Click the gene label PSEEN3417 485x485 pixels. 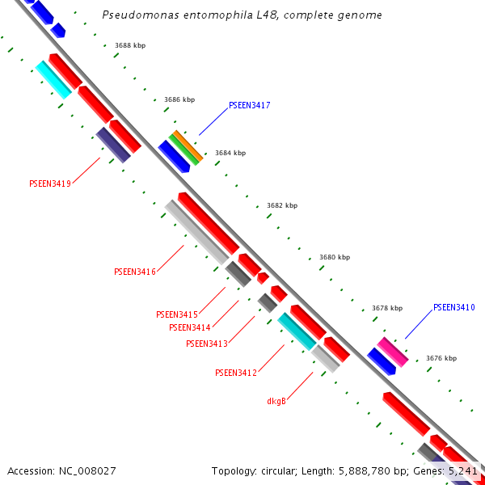[x=249, y=105]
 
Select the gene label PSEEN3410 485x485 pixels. [x=453, y=307]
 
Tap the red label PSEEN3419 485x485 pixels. [x=50, y=183]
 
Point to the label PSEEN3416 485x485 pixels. [x=134, y=272]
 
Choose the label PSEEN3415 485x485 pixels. [x=176, y=314]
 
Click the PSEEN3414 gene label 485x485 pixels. [x=189, y=327]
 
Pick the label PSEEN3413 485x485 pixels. [x=206, y=344]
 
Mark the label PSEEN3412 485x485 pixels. [x=235, y=373]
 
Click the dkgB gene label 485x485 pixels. [x=276, y=401]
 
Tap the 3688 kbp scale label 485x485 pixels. [x=130, y=45]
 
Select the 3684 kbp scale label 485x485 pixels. [x=230, y=153]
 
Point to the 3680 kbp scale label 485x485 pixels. [x=335, y=257]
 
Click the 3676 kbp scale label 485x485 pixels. [x=441, y=358]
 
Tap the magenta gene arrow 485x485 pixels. [x=393, y=352]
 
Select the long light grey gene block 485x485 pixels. [x=196, y=232]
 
